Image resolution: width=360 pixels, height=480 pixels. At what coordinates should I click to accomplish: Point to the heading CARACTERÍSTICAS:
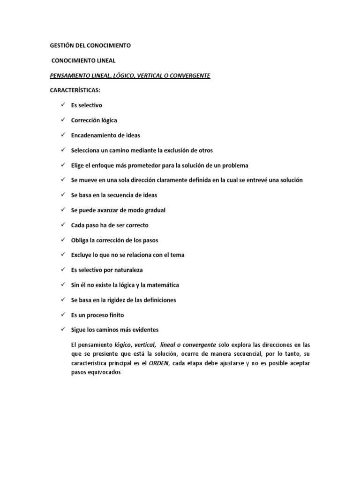tap(75, 90)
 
